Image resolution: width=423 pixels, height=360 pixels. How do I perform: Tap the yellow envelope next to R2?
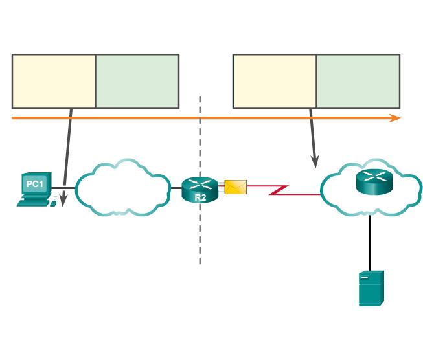tap(235, 187)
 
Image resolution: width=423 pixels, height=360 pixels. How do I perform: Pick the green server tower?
tap(371, 287)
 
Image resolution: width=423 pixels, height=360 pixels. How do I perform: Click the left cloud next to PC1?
tap(122, 188)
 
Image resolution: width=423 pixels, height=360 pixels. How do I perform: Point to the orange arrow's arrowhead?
tap(396, 118)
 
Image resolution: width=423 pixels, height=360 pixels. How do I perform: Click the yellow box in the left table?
tap(54, 81)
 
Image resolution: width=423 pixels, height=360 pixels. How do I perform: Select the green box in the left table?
tap(137, 81)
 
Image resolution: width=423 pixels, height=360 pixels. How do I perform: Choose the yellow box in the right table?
tap(275, 81)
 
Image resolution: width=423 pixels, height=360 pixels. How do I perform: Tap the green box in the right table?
tap(358, 81)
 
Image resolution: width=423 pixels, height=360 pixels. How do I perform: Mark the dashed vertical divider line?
tap(200, 233)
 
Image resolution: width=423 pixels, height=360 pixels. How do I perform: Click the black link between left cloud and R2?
tap(176, 188)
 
